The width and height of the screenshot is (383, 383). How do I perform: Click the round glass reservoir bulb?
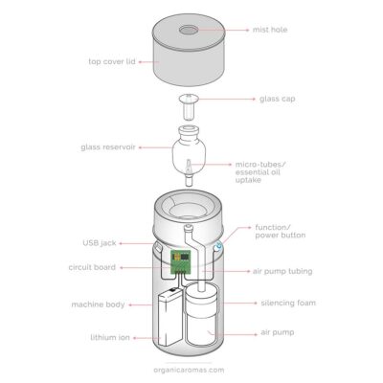pyautogui.click(x=191, y=148)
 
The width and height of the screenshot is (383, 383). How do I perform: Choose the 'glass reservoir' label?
pyautogui.click(x=107, y=146)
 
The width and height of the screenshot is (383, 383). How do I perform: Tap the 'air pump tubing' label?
pyautogui.click(x=283, y=271)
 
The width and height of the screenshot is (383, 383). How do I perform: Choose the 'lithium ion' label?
pyautogui.click(x=99, y=337)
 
